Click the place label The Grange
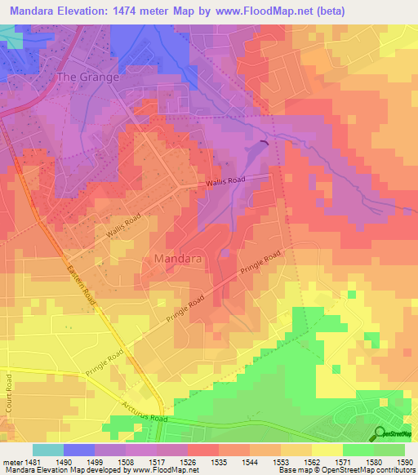click(x=87, y=77)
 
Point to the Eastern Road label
click(x=82, y=285)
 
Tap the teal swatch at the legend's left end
click(x=47, y=450)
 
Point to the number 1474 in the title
click(x=134, y=11)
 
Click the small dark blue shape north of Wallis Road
click(x=263, y=144)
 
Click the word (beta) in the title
click(x=327, y=11)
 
